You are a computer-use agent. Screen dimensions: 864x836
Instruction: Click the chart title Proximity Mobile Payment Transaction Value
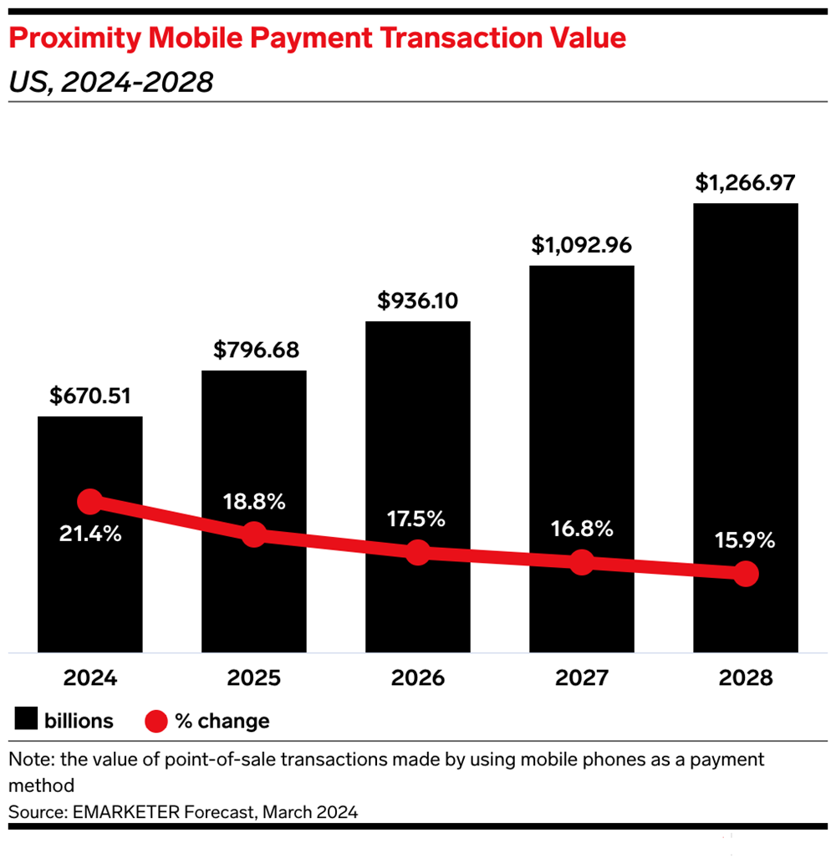click(317, 38)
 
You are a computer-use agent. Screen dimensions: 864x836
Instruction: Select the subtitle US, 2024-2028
click(110, 82)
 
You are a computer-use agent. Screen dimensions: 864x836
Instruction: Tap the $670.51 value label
click(89, 396)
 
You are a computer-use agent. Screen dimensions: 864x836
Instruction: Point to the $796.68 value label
click(253, 350)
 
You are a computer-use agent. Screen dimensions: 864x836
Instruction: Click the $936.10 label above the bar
click(417, 301)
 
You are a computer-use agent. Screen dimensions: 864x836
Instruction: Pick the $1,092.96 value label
click(581, 246)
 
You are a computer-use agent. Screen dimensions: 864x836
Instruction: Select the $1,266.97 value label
click(745, 183)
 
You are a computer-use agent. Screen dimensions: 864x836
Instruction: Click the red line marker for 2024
click(89, 502)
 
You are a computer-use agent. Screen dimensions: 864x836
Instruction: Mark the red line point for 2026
click(417, 552)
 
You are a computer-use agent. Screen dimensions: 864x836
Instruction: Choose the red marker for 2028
click(745, 574)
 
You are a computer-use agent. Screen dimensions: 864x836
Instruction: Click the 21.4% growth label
click(89, 534)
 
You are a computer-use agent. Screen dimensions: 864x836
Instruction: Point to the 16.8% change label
click(581, 529)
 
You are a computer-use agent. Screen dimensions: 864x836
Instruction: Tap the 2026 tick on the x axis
click(417, 677)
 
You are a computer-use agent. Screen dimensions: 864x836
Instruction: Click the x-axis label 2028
click(745, 677)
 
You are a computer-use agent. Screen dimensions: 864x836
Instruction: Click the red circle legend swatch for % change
click(155, 720)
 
